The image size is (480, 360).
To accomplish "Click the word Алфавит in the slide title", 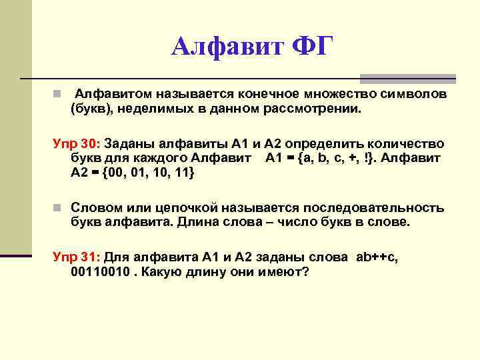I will click(227, 47).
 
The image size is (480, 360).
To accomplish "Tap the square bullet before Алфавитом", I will click(59, 95).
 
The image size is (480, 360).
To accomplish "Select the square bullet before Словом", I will click(59, 208).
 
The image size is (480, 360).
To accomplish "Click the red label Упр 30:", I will click(75, 145).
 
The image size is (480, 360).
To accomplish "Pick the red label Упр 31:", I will click(75, 257).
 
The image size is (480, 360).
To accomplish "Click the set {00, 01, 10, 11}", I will click(144, 173).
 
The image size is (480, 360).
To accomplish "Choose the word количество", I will click(406, 145).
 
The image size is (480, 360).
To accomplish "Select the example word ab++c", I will click(373, 257).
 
